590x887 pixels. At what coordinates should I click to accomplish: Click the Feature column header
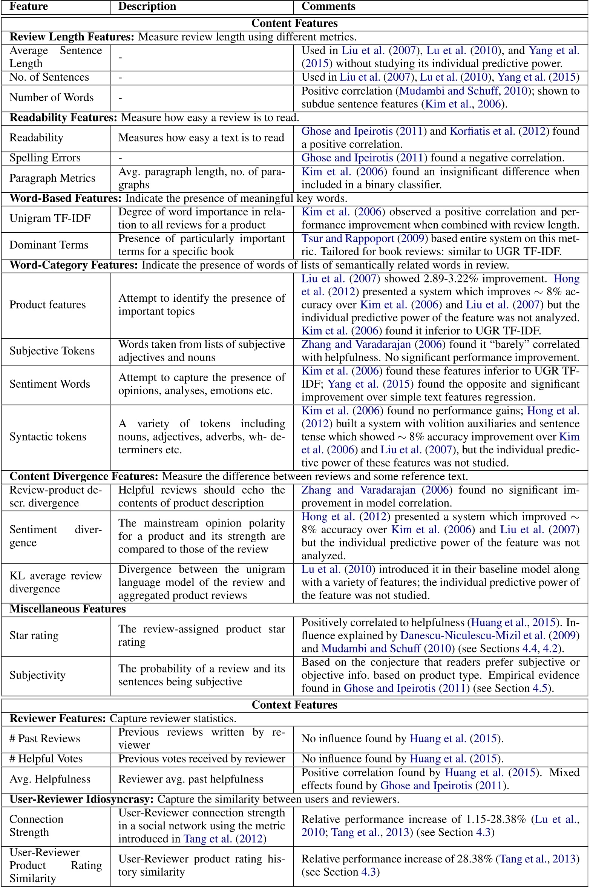(x=29, y=6)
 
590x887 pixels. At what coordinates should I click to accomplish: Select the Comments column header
(x=328, y=6)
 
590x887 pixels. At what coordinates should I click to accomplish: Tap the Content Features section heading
(x=294, y=23)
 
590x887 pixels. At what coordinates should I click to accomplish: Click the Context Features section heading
(x=294, y=705)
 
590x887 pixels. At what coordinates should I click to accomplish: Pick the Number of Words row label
(x=51, y=97)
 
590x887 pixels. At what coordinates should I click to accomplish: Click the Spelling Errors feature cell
(x=45, y=158)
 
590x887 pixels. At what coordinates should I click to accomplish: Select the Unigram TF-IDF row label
(x=50, y=218)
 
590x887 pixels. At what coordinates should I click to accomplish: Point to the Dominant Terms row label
(x=49, y=245)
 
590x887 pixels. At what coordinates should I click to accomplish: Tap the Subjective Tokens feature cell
(x=52, y=351)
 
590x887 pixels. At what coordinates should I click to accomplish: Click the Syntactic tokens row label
(x=48, y=437)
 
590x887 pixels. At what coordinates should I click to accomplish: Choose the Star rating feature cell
(x=34, y=635)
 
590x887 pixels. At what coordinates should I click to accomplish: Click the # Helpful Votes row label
(x=46, y=758)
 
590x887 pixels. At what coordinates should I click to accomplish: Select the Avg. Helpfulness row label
(x=50, y=779)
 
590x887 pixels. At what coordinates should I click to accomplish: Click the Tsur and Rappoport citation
(x=348, y=238)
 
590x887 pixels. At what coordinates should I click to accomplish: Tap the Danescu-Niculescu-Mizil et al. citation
(x=472, y=635)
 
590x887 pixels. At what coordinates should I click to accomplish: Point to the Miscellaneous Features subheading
(x=67, y=609)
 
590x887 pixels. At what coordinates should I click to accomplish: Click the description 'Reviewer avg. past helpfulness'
(x=191, y=779)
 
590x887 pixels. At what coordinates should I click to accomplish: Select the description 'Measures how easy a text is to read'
(x=201, y=138)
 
